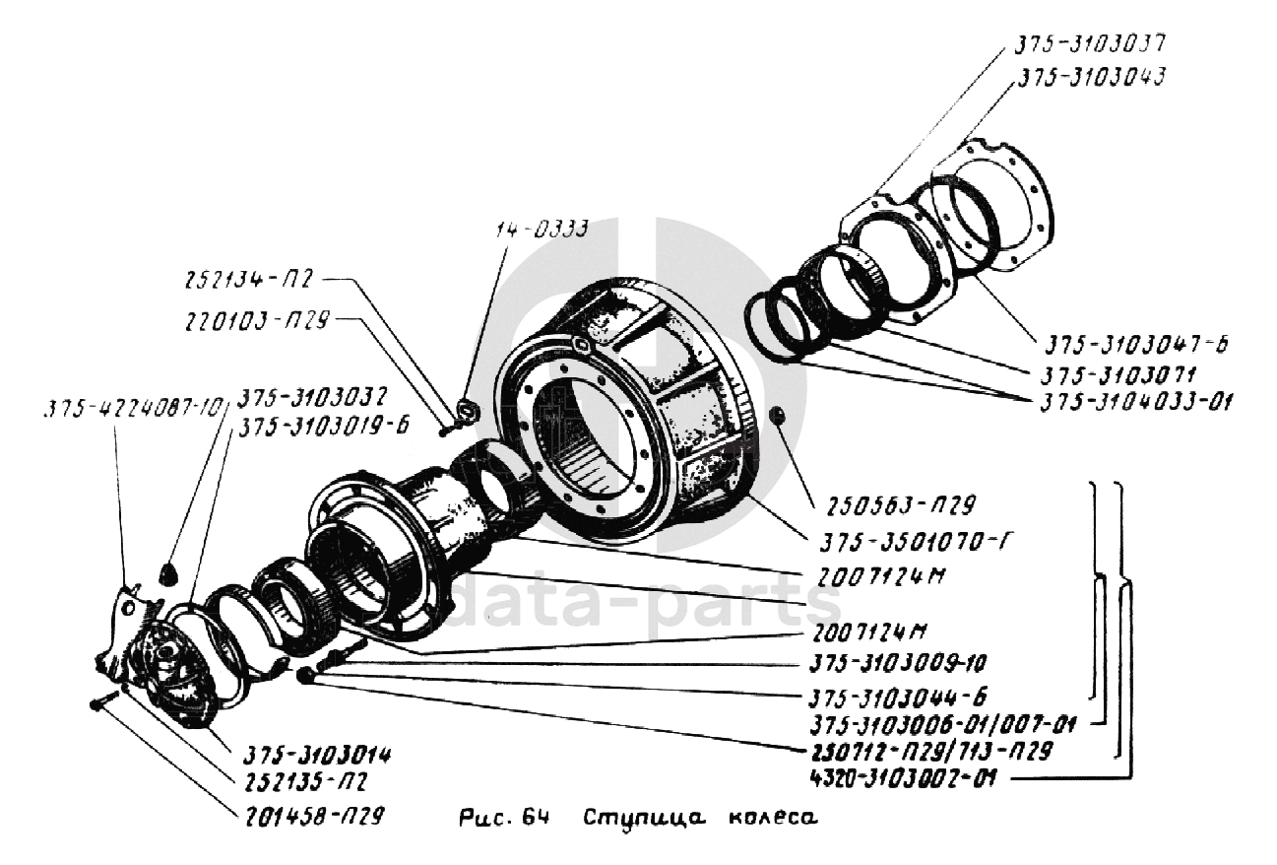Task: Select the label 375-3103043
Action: pos(1090,79)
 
